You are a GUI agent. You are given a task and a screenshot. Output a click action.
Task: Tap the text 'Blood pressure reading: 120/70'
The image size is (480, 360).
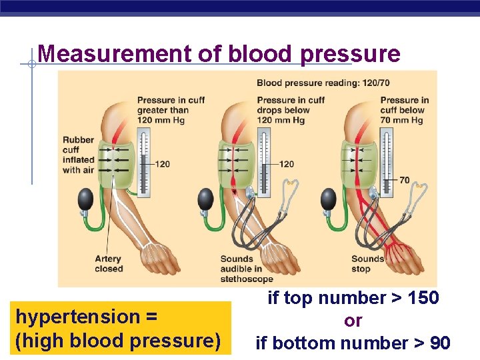[319, 83]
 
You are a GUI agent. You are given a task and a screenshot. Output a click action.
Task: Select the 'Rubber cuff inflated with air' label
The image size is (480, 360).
[79, 155]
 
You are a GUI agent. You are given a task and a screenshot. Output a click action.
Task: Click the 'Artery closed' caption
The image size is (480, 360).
[109, 263]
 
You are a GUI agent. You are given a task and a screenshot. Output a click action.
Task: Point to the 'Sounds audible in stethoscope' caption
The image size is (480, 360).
[247, 269]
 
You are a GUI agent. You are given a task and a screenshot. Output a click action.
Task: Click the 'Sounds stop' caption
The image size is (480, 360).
[367, 263]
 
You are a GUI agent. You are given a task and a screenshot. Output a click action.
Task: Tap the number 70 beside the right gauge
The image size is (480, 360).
[404, 180]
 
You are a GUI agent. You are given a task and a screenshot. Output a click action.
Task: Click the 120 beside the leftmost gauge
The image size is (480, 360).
[162, 164]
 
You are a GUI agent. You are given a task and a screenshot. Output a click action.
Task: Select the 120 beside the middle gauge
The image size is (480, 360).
[286, 164]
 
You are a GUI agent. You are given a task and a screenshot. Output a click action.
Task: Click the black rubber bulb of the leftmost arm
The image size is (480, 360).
[86, 198]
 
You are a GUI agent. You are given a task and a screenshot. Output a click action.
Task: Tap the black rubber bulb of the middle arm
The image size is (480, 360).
[206, 198]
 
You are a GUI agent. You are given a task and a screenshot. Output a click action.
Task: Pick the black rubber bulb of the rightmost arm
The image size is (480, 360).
[329, 198]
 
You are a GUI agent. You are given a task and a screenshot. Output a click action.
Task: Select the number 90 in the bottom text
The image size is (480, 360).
[440, 343]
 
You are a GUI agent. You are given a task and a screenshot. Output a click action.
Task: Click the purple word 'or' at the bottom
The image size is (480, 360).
[353, 321]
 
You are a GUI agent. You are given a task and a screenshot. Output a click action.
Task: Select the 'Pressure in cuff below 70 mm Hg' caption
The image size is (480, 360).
[404, 110]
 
